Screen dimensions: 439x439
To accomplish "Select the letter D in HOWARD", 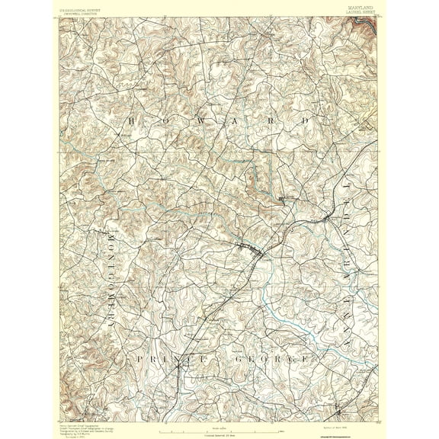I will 306,121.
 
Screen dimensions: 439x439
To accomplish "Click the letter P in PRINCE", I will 139,357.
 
